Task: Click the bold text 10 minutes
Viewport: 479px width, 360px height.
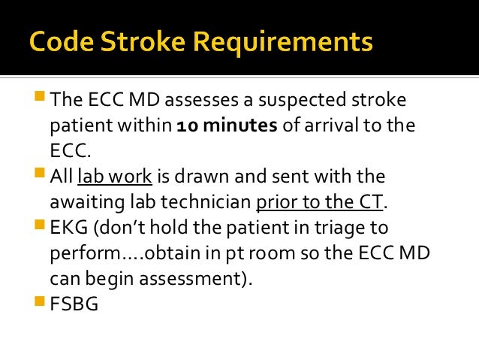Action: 227,125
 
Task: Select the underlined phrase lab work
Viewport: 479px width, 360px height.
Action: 115,177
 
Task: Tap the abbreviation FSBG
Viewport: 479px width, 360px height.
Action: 74,304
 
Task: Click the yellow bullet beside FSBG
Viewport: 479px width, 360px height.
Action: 39,303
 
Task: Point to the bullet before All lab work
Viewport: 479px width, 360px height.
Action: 39,175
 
